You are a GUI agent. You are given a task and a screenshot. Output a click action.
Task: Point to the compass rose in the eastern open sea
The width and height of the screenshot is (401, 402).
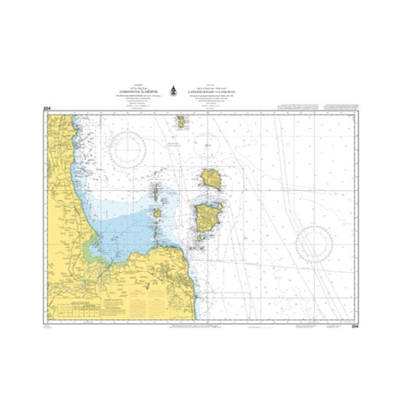(315, 243)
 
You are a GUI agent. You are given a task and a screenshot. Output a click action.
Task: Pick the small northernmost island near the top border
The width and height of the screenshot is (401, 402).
(180, 122)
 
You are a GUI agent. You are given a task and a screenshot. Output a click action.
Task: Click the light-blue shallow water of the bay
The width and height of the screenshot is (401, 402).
(126, 230)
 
